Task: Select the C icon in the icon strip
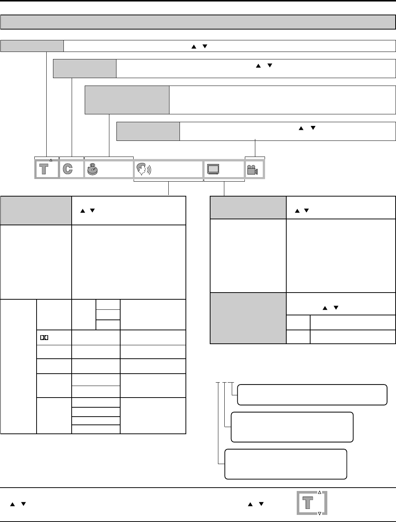click(68, 169)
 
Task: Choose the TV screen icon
click(213, 169)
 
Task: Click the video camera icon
click(252, 170)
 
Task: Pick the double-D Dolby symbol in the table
click(44, 337)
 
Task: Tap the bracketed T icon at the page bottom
click(308, 503)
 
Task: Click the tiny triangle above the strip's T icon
click(51, 160)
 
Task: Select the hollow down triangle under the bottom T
click(319, 514)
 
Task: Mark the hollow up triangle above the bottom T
click(319, 492)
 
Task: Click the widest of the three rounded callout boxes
click(312, 395)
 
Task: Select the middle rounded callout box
click(292, 427)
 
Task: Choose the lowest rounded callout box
click(286, 464)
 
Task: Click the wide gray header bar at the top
click(198, 22)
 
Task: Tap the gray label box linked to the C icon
click(85, 68)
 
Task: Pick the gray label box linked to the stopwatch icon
click(127, 100)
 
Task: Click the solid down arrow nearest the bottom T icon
click(261, 504)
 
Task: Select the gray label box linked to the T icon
click(32, 46)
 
